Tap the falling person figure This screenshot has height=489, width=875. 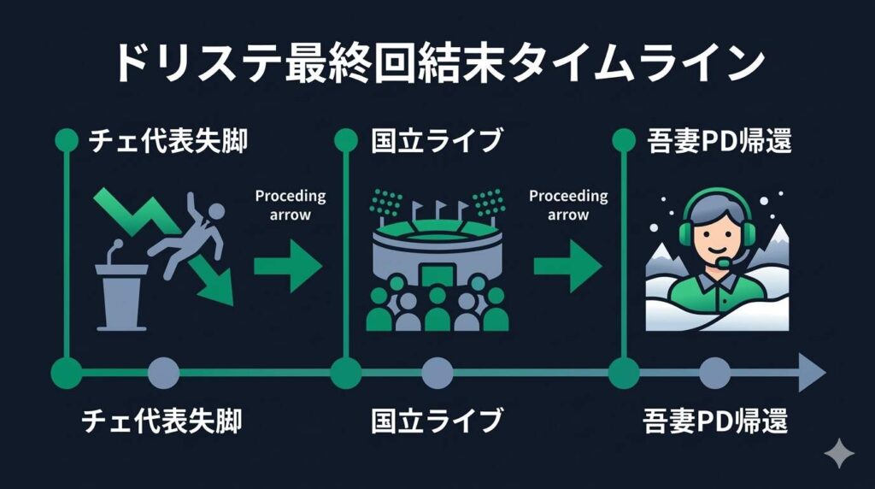(x=190, y=239)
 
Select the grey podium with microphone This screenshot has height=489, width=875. (x=120, y=291)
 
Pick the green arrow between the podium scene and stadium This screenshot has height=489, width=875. (x=288, y=265)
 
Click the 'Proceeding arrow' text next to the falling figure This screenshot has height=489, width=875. (x=291, y=205)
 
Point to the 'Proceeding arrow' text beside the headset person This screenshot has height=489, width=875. (x=569, y=205)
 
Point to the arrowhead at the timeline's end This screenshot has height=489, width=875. (x=812, y=373)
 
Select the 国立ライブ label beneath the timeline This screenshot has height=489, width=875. (x=437, y=421)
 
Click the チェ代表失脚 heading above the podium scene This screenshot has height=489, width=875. (x=167, y=141)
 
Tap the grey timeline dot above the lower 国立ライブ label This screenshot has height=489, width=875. (x=437, y=373)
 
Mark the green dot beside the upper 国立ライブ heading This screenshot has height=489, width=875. (x=345, y=139)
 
